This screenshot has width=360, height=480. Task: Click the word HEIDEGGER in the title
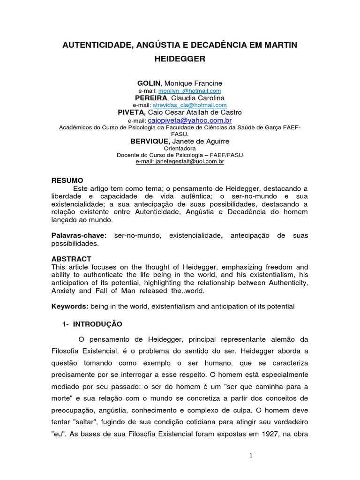180,60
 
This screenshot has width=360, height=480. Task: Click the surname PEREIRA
151,98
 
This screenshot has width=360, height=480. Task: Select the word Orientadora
180,148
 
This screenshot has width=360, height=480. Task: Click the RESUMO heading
67,180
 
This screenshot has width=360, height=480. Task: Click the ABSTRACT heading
71,259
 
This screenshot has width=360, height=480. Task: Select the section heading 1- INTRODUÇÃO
92,324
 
